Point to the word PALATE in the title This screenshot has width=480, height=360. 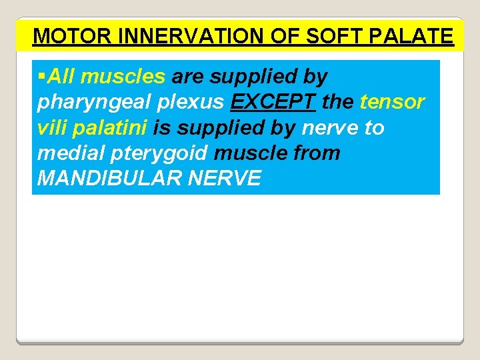[419, 35]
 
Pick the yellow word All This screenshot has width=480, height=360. [61, 77]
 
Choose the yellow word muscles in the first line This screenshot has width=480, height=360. [123, 77]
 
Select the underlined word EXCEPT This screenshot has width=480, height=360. [273, 102]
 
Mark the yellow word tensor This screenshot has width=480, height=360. [392, 102]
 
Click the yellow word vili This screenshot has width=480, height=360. [52, 127]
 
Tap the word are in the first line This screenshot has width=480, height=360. [188, 77]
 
